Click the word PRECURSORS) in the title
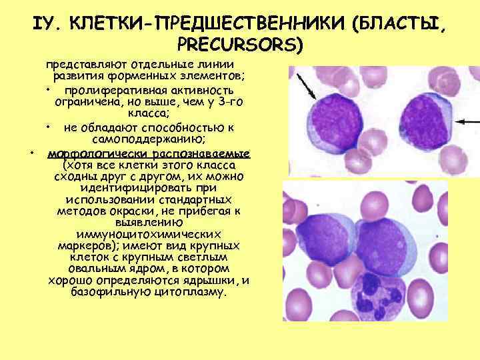tap(240, 45)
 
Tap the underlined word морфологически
tap(89, 152)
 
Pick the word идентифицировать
tap(142, 188)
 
